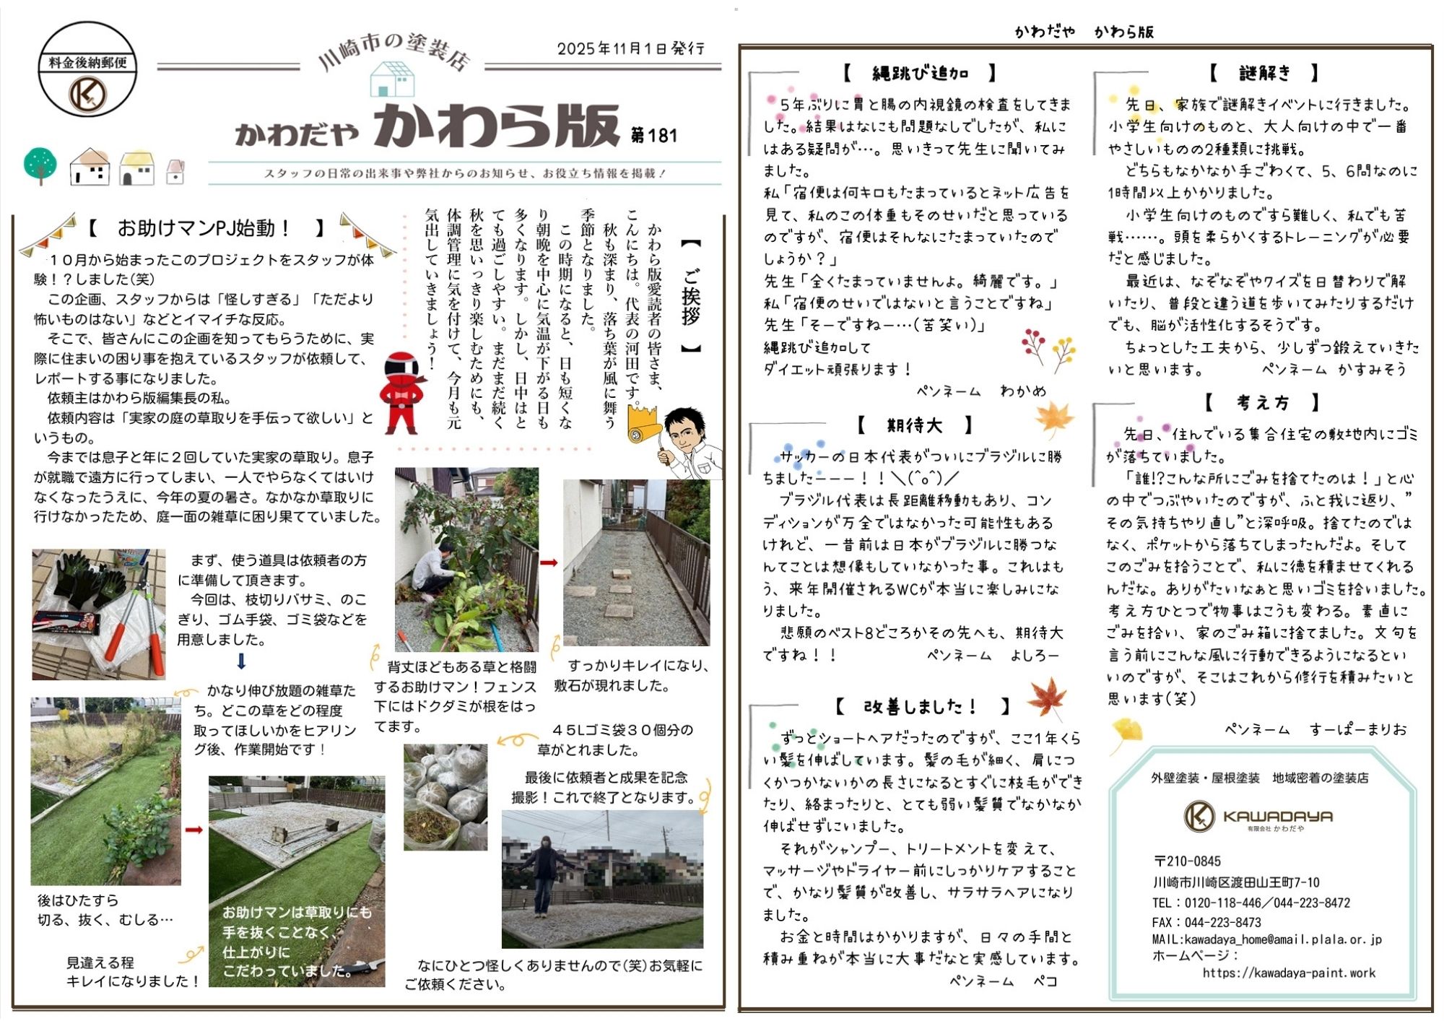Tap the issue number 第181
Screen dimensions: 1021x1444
653,136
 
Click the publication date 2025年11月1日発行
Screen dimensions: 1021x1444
630,48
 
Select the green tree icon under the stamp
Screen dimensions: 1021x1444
40,165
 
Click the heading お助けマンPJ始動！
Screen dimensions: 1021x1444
204,229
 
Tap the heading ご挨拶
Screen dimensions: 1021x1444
691,296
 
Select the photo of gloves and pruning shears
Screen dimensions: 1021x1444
98,614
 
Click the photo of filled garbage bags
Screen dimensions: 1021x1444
445,796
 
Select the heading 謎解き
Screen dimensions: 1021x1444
1263,73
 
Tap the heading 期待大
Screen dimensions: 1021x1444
914,425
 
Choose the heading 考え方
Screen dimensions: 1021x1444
1262,402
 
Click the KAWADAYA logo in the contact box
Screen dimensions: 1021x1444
1257,817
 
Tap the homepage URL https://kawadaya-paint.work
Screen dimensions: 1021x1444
1288,973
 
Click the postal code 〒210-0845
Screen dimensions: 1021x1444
1187,861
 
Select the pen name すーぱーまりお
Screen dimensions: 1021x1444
1357,729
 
